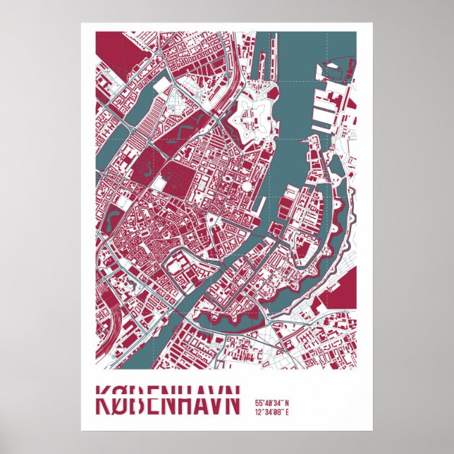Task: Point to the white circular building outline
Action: [x=247, y=186]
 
